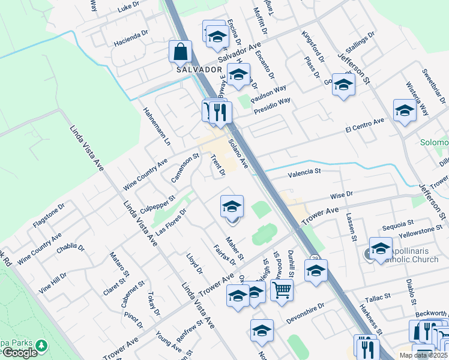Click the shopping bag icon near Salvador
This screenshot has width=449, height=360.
click(180, 52)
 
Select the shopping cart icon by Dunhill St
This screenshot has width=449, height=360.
click(282, 291)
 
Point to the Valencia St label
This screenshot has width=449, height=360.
click(304, 172)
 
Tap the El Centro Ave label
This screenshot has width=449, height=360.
click(364, 126)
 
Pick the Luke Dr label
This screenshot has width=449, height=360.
click(128, 8)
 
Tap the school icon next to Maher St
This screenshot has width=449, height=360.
click(232, 206)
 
